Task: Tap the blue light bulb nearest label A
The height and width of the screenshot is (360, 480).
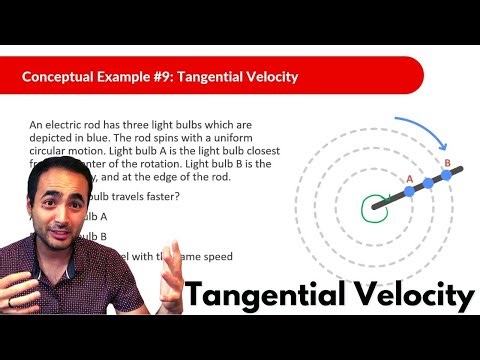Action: pyautogui.click(x=408, y=193)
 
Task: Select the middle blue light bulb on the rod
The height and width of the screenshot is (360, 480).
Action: pyautogui.click(x=428, y=183)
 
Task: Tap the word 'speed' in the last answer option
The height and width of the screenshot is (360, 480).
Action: pyautogui.click(x=214, y=256)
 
